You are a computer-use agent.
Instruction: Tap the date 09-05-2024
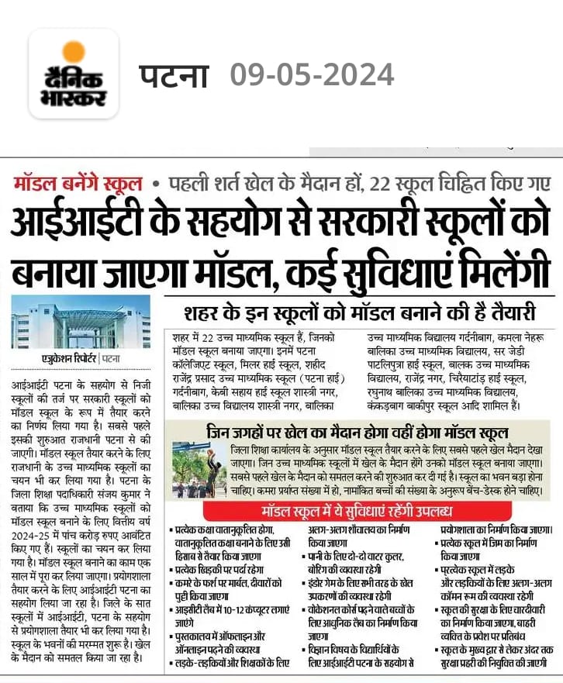coord(312,76)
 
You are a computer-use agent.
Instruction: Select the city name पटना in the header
coord(174,76)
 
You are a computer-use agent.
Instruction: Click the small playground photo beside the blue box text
coord(199,469)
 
